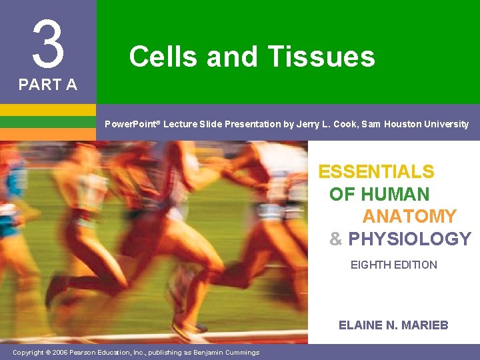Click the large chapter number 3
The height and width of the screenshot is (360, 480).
[x=48, y=43]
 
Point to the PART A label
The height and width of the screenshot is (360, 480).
[x=47, y=85]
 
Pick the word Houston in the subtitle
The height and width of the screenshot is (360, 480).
[x=407, y=124]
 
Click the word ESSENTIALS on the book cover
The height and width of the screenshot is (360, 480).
[x=376, y=172]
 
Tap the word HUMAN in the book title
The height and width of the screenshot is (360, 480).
[x=395, y=195]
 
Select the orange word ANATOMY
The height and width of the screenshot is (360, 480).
[x=409, y=217]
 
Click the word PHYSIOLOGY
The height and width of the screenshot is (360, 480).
[x=409, y=239]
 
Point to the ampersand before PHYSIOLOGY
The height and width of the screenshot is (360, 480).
[x=336, y=239]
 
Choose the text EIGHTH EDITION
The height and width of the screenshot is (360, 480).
[x=394, y=265]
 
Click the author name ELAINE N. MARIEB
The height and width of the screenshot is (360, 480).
[x=393, y=325]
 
